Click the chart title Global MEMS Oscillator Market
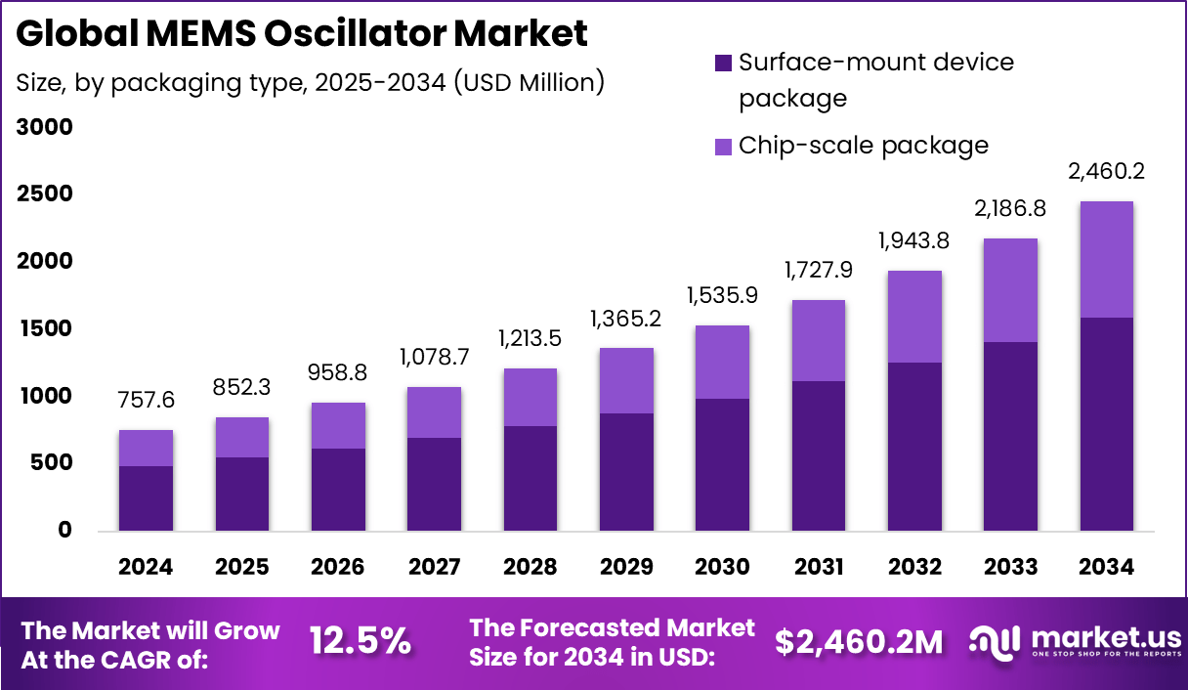coord(302,34)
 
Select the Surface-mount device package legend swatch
coord(723,63)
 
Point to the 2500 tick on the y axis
coord(43,194)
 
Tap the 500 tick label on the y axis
coord(50,463)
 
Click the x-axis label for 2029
coord(626,568)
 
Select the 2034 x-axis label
coord(1107,568)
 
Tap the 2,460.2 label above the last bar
coord(1107,172)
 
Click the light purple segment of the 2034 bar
coord(1107,259)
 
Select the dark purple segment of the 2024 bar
coord(146,498)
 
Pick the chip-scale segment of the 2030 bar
coord(723,362)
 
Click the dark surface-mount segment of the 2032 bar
coord(914,447)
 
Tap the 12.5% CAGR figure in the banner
coord(361,642)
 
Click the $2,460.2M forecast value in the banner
coord(859,642)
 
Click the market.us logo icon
coord(994,641)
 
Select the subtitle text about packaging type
coord(310,83)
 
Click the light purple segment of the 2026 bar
coord(338,425)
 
